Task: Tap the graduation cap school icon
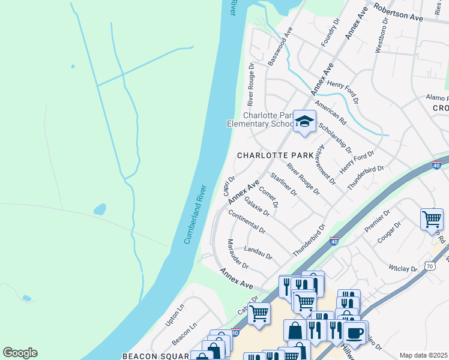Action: click(304, 122)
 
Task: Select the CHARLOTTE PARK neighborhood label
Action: click(276, 155)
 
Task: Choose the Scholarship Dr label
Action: click(334, 137)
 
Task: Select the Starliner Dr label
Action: click(284, 184)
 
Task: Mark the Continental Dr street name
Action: click(247, 223)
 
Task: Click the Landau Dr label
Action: click(259, 253)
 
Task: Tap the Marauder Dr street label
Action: click(238, 253)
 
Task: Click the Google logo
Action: click(20, 353)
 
